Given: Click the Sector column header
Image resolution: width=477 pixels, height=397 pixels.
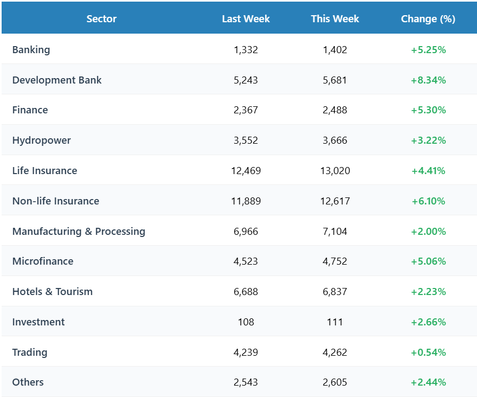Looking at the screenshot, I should pyautogui.click(x=101, y=19).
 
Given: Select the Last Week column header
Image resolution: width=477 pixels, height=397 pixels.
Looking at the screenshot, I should pyautogui.click(x=246, y=19).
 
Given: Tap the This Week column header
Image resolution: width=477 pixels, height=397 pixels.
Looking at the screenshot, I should pyautogui.click(x=335, y=19).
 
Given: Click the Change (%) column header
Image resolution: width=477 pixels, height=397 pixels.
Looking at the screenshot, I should pyautogui.click(x=428, y=19).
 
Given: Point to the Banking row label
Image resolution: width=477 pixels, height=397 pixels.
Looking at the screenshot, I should pyautogui.click(x=31, y=50).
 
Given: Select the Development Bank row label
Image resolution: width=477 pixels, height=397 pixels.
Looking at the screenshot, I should pyautogui.click(x=57, y=80).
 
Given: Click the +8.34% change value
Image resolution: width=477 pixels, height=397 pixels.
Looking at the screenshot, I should pyautogui.click(x=428, y=80).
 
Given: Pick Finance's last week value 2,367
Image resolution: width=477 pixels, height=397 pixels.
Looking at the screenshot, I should pyautogui.click(x=246, y=110).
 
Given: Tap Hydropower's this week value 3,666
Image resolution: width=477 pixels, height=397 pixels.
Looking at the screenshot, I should pyautogui.click(x=335, y=140).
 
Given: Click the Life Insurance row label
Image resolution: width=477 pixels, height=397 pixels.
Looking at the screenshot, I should pyautogui.click(x=44, y=171).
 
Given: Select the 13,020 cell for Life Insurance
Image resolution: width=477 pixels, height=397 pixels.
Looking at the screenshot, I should pyautogui.click(x=335, y=171).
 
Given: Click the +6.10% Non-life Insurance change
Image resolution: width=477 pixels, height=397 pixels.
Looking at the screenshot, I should pyautogui.click(x=428, y=201).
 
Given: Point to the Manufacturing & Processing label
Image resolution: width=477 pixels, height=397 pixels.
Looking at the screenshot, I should pyautogui.click(x=79, y=232).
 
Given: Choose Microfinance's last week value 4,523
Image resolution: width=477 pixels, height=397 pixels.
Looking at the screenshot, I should pyautogui.click(x=246, y=261).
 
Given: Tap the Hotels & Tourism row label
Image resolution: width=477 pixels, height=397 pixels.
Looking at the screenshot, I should pyautogui.click(x=52, y=292).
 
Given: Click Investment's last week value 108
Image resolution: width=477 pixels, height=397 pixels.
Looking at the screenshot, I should pyautogui.click(x=246, y=322).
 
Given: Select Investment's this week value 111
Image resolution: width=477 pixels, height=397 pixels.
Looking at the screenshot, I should pyautogui.click(x=335, y=322).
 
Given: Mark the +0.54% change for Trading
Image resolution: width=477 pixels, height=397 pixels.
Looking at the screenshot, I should pyautogui.click(x=428, y=353).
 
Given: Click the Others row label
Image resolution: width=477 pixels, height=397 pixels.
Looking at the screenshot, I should pyautogui.click(x=28, y=382).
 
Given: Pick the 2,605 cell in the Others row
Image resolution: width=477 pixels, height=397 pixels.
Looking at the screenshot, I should pyautogui.click(x=335, y=382).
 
